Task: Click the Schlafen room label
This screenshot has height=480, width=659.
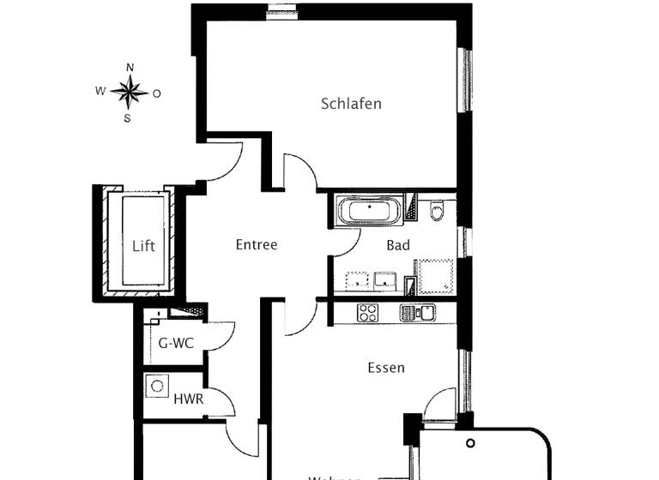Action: coord(351,104)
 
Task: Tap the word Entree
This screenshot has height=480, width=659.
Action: coord(257,245)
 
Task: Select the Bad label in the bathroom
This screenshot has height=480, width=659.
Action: coord(398,245)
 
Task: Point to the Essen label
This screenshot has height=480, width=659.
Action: coord(385,368)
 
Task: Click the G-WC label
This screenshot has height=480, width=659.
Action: coord(176,344)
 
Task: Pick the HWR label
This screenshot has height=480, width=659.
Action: coord(188,399)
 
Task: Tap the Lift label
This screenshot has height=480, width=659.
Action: coord(143,246)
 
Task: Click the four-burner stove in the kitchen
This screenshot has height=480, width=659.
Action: coord(369,312)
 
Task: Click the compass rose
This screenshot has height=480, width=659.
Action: coord(130,92)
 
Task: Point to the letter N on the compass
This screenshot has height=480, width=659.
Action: coord(130,67)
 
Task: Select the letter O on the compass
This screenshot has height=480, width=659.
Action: coord(157,93)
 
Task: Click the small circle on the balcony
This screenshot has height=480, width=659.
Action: coord(470,443)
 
